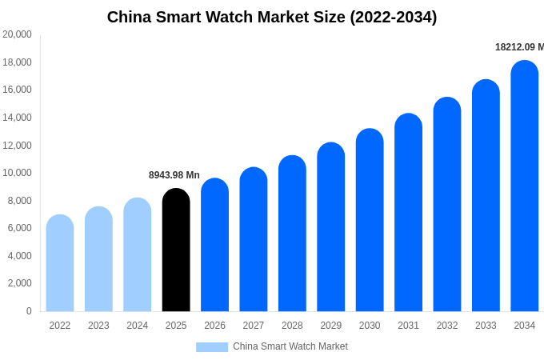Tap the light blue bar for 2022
coord(60,263)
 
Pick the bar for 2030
coord(370,220)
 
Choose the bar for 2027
coord(254,239)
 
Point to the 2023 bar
coord(98,259)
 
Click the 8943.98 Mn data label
coord(174,175)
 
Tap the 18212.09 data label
coord(518,47)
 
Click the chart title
coord(272,17)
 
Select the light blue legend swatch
coord(212,347)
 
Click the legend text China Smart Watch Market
coord(290,346)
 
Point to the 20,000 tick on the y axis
coord(17,34)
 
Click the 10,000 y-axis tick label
coord(17,173)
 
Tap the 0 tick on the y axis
coord(29,311)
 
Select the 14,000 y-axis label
coord(17,118)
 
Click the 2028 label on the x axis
coord(292,326)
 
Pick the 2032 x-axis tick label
coord(447,326)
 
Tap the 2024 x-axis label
coord(137,326)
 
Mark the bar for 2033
coord(486,196)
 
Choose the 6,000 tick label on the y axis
coord(19,228)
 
